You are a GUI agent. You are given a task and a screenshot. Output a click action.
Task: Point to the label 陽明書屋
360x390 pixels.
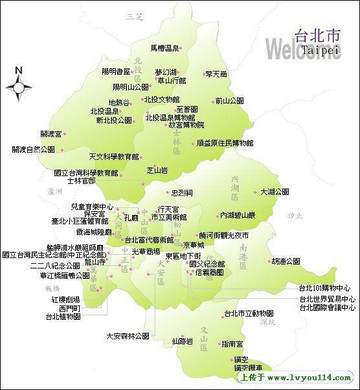(x=117, y=72)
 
